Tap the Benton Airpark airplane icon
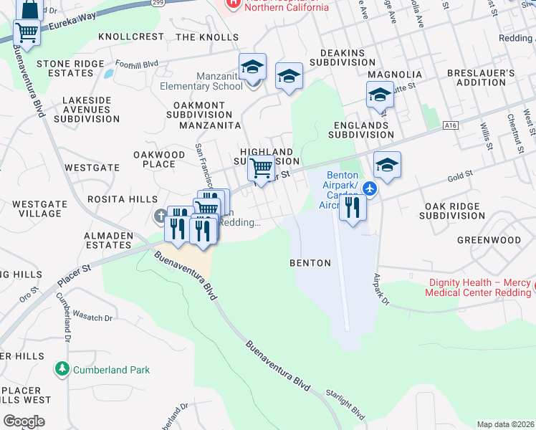tap(369, 188)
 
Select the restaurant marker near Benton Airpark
tap(352, 209)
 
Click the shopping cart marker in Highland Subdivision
tap(262, 169)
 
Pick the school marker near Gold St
tap(387, 166)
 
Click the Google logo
tap(24, 421)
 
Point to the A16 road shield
tap(450, 125)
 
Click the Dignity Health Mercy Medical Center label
tap(478, 287)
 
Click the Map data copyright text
tap(506, 424)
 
